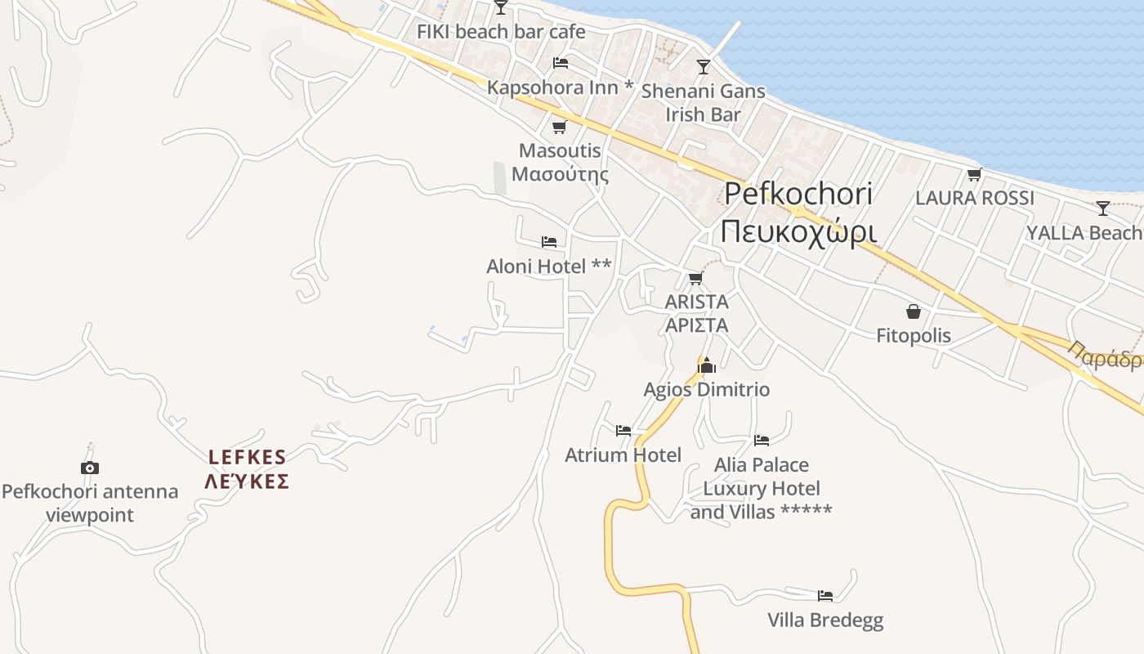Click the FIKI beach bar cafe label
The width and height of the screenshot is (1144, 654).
[x=501, y=32]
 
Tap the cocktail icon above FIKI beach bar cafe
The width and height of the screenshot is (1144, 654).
[x=501, y=7]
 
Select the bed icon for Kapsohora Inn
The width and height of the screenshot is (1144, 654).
[x=561, y=62]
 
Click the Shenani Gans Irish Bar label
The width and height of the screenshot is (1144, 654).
[x=703, y=103]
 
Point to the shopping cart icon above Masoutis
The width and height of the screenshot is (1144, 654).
[x=560, y=127]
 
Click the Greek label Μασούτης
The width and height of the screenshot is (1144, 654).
[x=561, y=174]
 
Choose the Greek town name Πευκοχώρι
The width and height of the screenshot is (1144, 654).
[x=798, y=231]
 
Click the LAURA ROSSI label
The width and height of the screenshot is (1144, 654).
[x=974, y=198]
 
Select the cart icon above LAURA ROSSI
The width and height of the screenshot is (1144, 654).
[x=974, y=174]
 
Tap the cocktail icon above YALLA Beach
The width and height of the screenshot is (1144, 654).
[x=1102, y=208]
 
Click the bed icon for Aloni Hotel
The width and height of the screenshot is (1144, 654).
[x=549, y=242]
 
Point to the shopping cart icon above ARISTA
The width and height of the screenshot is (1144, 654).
[x=696, y=278]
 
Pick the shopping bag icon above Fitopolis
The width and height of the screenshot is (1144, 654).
[x=913, y=311]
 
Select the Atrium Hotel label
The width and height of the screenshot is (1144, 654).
[x=623, y=455]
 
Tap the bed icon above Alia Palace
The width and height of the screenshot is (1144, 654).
[x=762, y=440]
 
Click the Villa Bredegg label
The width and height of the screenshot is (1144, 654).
[x=825, y=620]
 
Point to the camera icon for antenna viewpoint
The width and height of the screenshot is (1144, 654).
[x=90, y=468]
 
